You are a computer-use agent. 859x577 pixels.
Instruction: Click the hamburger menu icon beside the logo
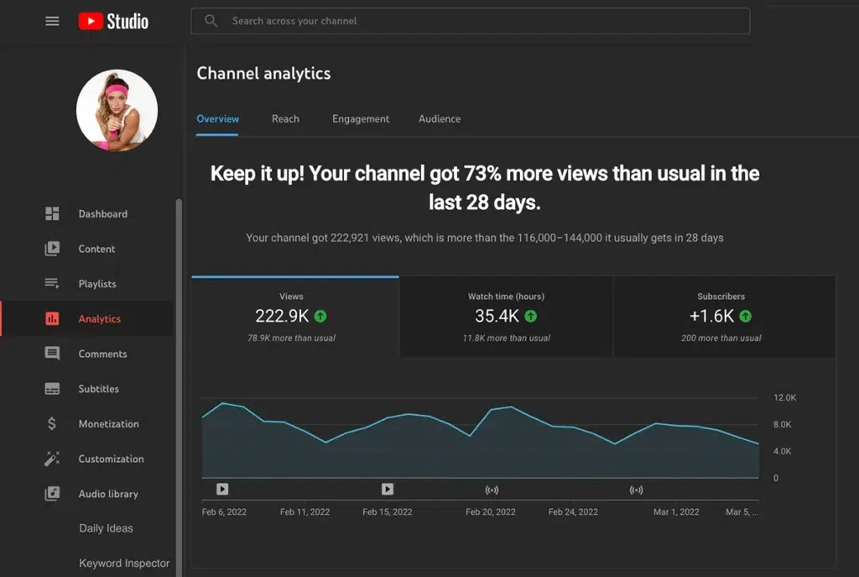pos(52,21)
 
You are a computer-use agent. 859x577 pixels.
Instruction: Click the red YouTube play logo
pos(91,21)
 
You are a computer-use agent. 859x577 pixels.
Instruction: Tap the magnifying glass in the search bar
pos(211,21)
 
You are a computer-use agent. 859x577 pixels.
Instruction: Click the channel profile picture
pos(117,110)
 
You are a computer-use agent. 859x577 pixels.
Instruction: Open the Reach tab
pos(285,119)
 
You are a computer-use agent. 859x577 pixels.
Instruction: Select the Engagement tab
pos(361,119)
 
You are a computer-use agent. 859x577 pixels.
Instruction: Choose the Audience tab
pos(440,119)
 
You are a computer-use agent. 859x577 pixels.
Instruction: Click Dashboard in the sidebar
pos(102,214)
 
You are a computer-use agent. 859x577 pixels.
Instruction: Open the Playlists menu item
pos(97,284)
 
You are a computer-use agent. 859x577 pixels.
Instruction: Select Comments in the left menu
pos(102,354)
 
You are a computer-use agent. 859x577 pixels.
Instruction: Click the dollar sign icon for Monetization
pos(52,424)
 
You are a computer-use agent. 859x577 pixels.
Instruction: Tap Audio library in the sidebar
pos(108,494)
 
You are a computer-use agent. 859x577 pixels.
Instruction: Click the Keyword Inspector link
pos(124,564)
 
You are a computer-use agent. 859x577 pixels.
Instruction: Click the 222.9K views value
pos(282,317)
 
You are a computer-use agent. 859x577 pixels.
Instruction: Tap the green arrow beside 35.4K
pos(531,317)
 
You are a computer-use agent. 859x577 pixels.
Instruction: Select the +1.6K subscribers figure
pos(711,317)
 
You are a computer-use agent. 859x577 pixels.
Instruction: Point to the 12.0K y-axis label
pos(784,397)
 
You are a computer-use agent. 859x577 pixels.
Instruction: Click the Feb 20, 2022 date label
pos(491,511)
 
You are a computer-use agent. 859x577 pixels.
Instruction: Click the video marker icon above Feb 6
pos(222,489)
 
